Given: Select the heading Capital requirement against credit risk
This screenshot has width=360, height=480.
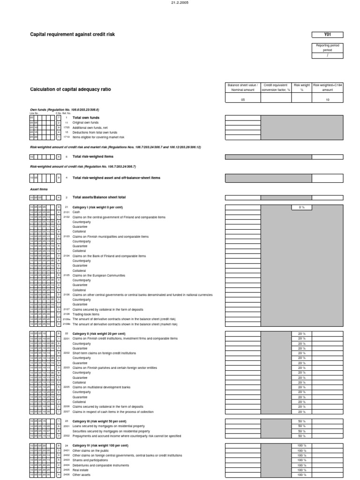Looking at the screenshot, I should point(72,34).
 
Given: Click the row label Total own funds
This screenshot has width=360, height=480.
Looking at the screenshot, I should point(86,118).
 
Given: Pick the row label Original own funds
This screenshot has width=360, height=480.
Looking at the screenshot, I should point(85,122).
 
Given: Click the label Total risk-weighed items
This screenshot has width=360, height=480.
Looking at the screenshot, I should point(93,157).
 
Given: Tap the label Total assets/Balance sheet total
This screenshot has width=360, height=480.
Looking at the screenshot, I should point(99,197).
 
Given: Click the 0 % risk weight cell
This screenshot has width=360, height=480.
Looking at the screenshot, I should point(301,207).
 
